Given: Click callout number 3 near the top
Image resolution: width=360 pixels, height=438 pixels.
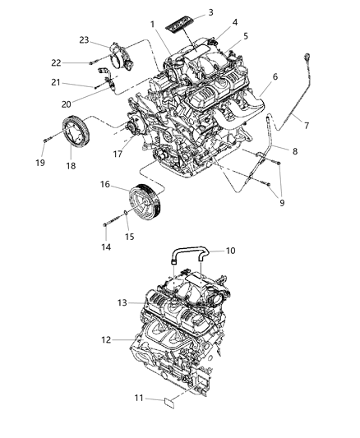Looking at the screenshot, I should tap(211, 12).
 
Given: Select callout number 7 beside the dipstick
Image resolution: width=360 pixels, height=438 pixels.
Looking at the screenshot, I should tap(308, 125).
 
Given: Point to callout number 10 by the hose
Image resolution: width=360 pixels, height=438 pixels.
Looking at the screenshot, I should tap(230, 251).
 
